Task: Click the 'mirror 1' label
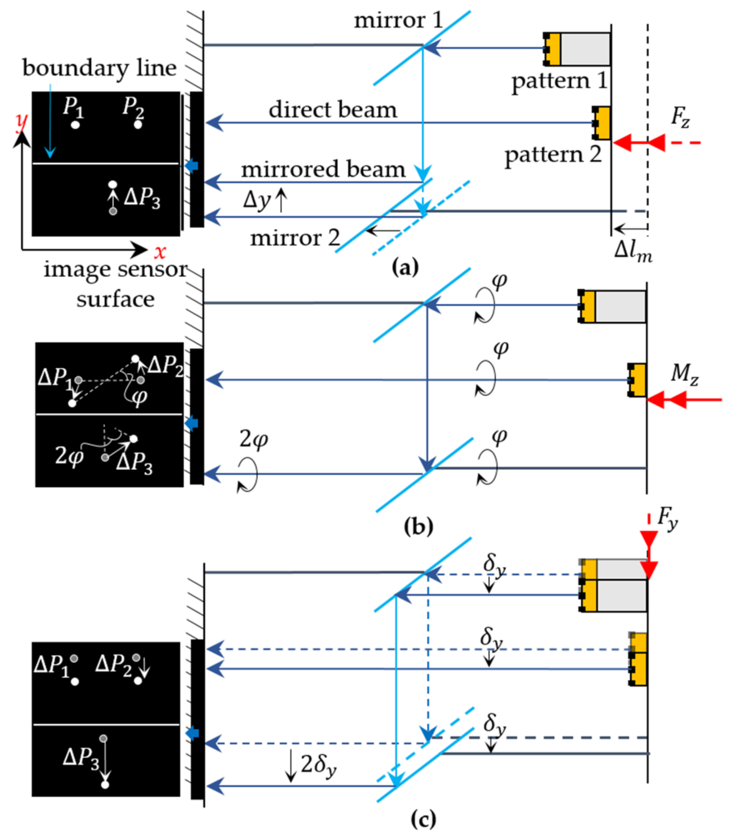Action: [398, 20]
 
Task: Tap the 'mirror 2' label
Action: [295, 238]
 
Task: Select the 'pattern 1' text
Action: [559, 81]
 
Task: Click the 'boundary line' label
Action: [99, 68]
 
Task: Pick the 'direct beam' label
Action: [332, 110]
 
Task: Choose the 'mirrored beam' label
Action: [323, 169]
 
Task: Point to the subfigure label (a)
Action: [405, 268]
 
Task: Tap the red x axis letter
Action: [160, 252]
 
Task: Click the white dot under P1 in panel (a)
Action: [75, 125]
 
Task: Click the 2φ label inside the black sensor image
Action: [69, 455]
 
